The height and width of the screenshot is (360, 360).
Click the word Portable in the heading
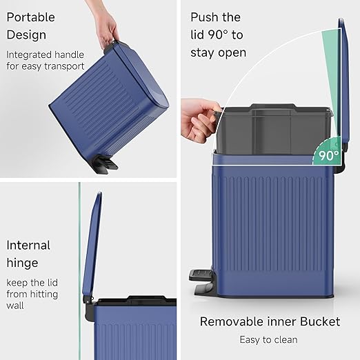(x=31, y=17)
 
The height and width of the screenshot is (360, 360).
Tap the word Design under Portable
(x=27, y=34)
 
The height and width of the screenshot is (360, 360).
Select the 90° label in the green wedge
(x=328, y=156)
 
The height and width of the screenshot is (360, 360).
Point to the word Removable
(x=230, y=321)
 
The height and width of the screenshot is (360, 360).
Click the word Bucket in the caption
(x=319, y=321)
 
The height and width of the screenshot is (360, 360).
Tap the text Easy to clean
(x=269, y=339)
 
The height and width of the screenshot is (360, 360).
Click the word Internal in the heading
(x=28, y=245)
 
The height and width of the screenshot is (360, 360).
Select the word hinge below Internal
(x=23, y=263)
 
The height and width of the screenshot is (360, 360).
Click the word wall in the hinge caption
(x=17, y=306)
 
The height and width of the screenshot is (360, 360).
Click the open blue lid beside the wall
(x=92, y=248)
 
